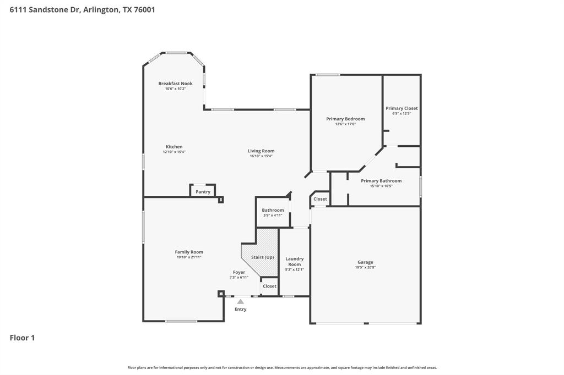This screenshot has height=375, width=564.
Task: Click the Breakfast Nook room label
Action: tap(175, 84)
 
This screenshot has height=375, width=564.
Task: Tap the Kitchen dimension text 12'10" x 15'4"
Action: tap(174, 152)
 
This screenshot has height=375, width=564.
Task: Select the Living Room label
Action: tap(261, 151)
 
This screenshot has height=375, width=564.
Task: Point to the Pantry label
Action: tap(203, 192)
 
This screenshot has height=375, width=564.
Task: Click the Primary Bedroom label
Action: tap(345, 119)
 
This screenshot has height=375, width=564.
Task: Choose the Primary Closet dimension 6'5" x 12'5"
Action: tap(402, 113)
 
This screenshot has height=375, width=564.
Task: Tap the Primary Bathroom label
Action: tap(381, 181)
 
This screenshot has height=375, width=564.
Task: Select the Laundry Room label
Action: tap(294, 261)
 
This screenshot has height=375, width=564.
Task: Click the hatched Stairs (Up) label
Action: tap(262, 257)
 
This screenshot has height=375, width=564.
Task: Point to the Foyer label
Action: tap(238, 272)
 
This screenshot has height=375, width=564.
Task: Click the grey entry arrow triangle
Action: tap(241, 301)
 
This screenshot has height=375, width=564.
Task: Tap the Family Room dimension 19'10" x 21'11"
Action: tap(189, 257)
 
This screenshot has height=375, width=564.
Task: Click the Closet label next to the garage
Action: tap(320, 199)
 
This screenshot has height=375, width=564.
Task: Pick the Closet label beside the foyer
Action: tap(269, 286)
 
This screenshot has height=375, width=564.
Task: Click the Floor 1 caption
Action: tap(22, 338)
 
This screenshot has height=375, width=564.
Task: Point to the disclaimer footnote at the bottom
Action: tap(282, 367)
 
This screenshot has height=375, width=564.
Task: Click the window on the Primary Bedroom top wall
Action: tap(327, 75)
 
